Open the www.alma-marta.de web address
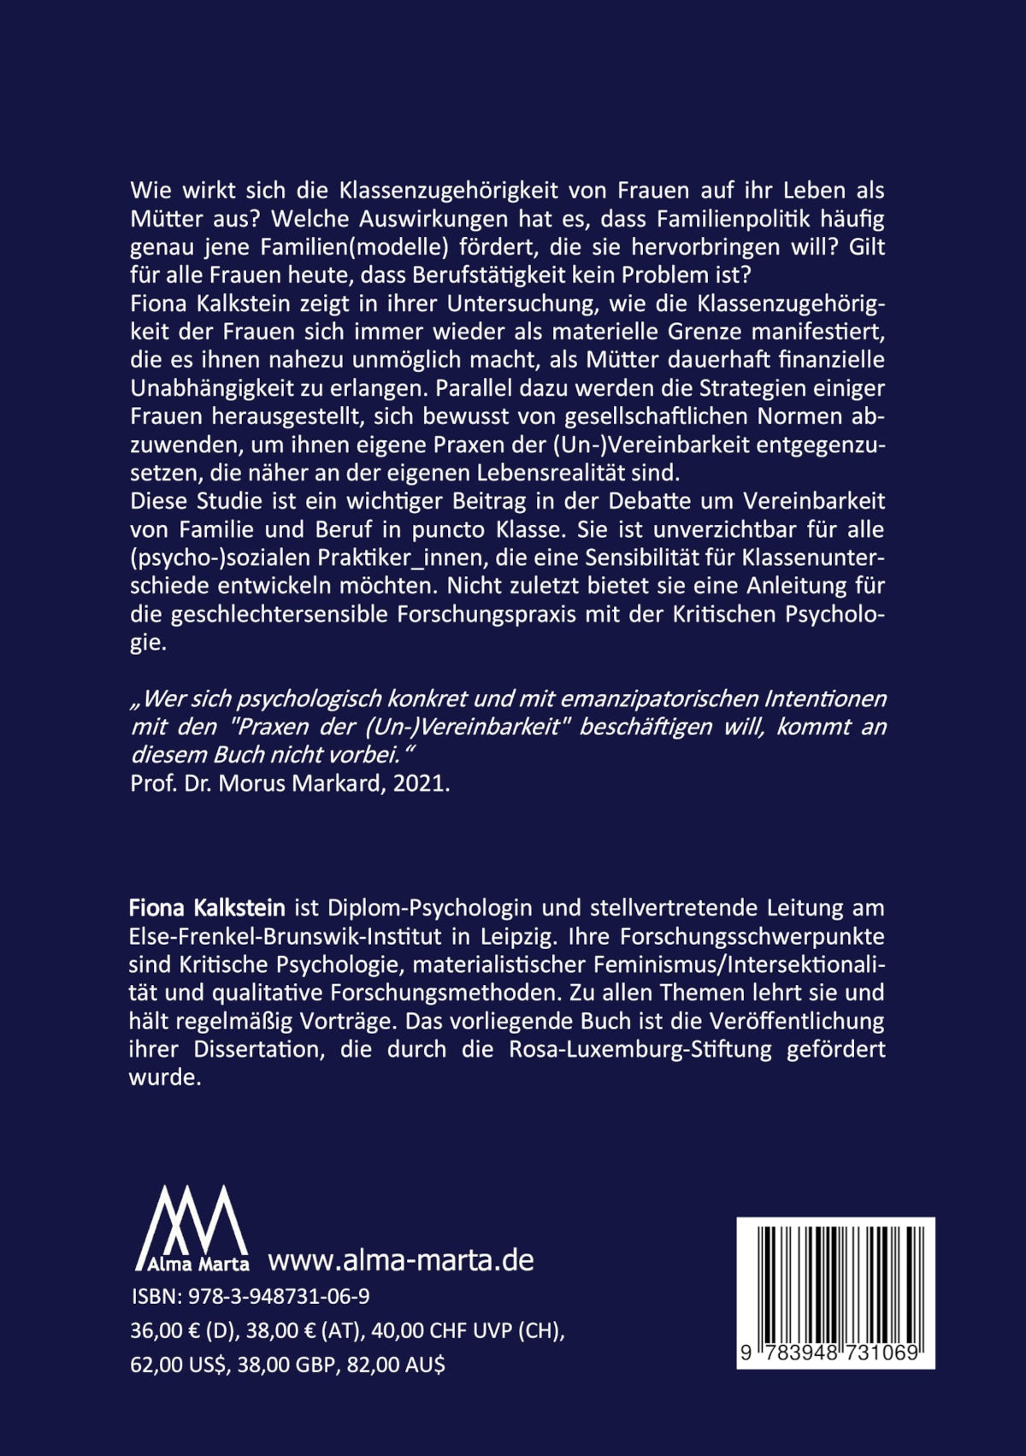point(401,1260)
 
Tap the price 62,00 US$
point(179,1365)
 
